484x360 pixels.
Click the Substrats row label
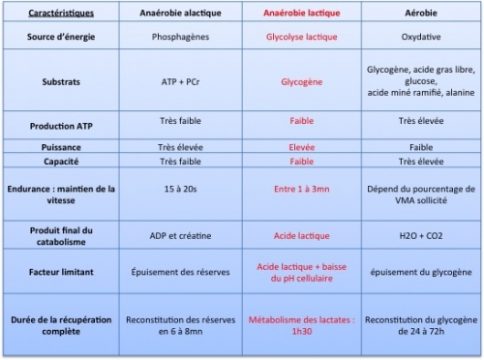pyautogui.click(x=61, y=83)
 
